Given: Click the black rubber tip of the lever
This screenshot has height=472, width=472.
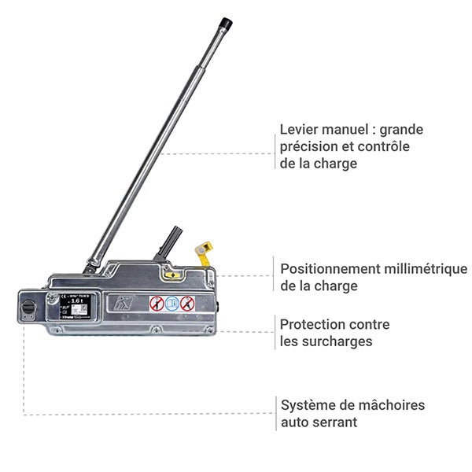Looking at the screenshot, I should pos(227,24).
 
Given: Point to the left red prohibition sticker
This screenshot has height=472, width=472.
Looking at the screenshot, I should pos(157,304).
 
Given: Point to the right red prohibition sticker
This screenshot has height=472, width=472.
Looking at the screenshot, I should pos(186,304).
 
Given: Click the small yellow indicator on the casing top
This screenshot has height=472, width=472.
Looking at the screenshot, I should pos(171,275).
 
